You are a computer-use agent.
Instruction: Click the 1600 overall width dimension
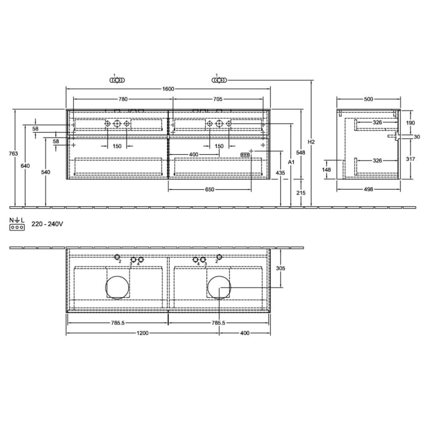(x=168, y=89)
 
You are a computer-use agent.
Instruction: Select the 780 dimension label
(x=123, y=99)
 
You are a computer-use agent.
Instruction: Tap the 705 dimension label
(x=217, y=99)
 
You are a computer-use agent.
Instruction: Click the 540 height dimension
(x=45, y=173)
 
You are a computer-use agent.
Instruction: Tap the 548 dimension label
(x=300, y=152)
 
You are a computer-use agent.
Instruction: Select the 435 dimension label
(x=281, y=173)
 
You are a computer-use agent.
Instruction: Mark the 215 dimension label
(x=300, y=193)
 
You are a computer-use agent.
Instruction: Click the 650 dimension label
(x=209, y=190)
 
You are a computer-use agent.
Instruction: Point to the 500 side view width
(x=369, y=99)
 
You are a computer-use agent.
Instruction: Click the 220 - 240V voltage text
(x=47, y=225)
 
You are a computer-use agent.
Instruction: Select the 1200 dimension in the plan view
(x=143, y=334)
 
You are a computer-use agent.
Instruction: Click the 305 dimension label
(x=281, y=268)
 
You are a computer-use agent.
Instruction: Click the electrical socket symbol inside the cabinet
(x=246, y=155)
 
